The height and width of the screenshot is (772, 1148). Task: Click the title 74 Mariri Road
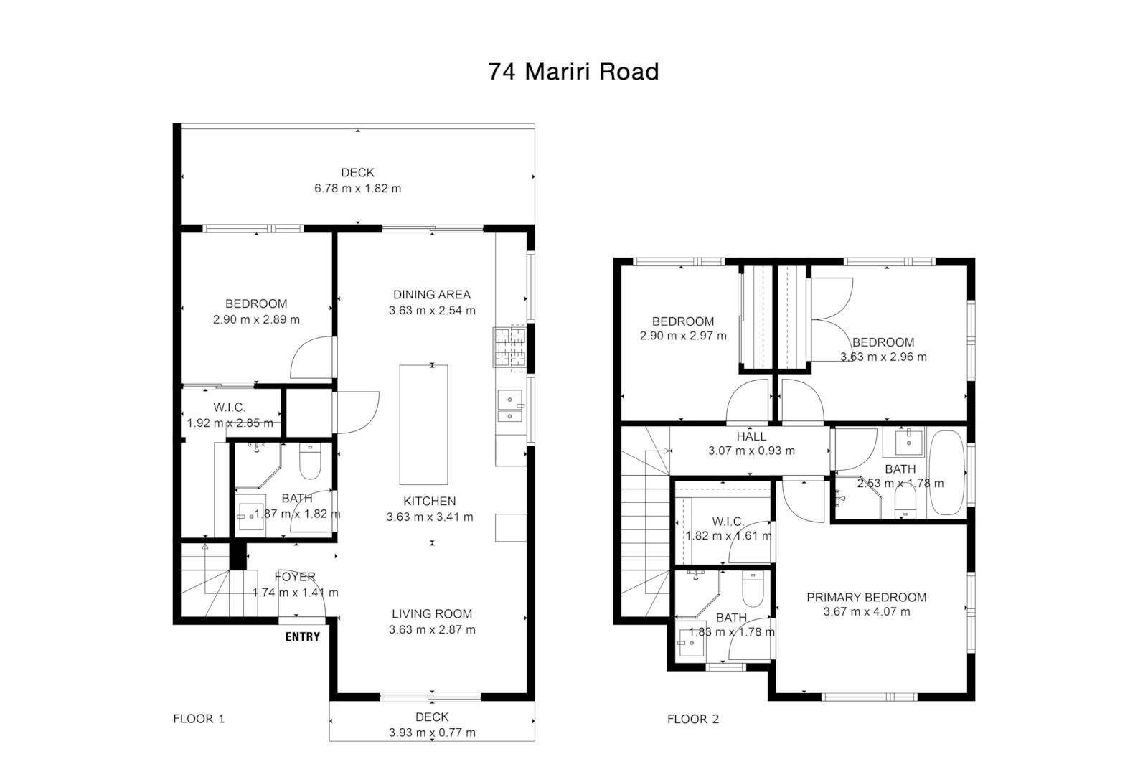(573, 72)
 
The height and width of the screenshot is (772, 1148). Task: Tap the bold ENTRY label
(302, 636)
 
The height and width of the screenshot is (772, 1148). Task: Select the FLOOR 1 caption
(199, 719)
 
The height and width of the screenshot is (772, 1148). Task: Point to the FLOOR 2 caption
(693, 719)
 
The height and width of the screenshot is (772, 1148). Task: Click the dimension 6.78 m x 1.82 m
(358, 189)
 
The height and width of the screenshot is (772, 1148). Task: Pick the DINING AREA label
(431, 295)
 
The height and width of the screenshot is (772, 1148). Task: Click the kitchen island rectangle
(423, 425)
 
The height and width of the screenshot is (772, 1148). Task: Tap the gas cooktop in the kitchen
(509, 348)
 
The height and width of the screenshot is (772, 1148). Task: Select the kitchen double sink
(510, 406)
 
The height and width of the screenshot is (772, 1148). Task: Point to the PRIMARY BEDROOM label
(867, 597)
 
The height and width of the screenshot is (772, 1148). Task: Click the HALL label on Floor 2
(751, 436)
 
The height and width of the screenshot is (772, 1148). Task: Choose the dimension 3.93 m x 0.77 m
(432, 733)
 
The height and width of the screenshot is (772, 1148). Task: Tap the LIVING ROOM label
(432, 613)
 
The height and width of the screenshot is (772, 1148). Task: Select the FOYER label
(295, 577)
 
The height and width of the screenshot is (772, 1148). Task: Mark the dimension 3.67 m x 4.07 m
(867, 611)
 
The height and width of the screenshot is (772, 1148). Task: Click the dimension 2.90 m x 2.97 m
(683, 336)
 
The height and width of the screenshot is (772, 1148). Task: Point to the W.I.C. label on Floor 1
(230, 408)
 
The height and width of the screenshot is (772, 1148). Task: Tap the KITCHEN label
(430, 501)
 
